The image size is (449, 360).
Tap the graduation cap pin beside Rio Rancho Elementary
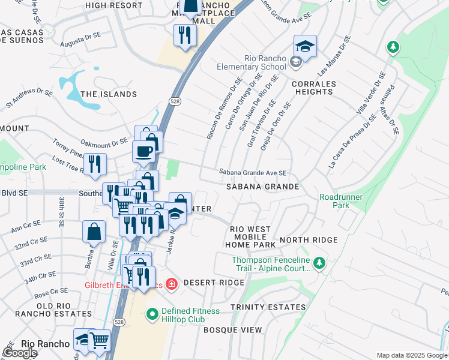click(x=305, y=47)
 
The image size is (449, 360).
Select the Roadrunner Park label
click(x=334, y=201)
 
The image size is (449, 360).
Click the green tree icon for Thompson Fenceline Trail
click(x=320, y=262)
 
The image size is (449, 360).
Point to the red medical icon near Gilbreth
click(x=172, y=283)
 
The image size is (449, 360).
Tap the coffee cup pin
click(x=144, y=152)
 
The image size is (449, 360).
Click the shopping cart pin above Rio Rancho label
click(x=99, y=340)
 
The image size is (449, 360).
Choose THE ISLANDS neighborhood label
click(x=109, y=94)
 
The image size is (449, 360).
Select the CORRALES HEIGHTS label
click(x=313, y=88)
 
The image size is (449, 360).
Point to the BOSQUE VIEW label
click(x=233, y=330)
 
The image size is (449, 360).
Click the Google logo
click(x=20, y=353)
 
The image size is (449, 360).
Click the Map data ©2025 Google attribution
click(x=411, y=355)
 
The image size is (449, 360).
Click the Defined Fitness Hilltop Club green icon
click(x=152, y=313)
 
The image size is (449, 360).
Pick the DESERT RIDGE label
click(x=206, y=283)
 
